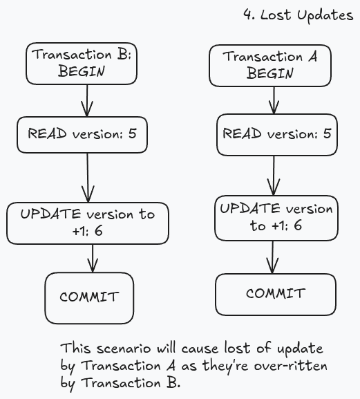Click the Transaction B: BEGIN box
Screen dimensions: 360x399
pyautogui.click(x=82, y=64)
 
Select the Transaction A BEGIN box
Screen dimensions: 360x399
pyautogui.click(x=270, y=66)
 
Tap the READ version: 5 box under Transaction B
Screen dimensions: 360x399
pyautogui.click(x=82, y=135)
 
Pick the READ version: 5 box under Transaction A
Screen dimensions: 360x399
pyautogui.click(x=277, y=135)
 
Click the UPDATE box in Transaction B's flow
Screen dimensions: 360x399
pyautogui.click(x=88, y=223)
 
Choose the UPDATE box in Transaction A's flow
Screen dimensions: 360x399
pyautogui.click(x=276, y=218)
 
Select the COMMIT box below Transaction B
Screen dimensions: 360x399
pyautogui.click(x=90, y=298)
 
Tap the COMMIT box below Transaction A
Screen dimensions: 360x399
pyautogui.click(x=276, y=295)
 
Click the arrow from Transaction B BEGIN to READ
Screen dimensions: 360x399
pyautogui.click(x=87, y=101)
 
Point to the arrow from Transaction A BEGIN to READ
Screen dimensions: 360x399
pyautogui.click(x=274, y=100)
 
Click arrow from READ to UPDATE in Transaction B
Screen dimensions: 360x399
pyautogui.click(x=88, y=178)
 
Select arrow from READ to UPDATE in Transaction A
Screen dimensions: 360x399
pyautogui.click(x=274, y=176)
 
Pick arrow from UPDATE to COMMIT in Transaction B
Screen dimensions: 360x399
pyautogui.click(x=93, y=259)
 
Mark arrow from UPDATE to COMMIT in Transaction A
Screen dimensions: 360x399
pyautogui.click(x=272, y=257)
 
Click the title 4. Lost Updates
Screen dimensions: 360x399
pyautogui.click(x=299, y=15)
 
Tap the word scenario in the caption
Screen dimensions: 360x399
pyautogui.click(x=124, y=349)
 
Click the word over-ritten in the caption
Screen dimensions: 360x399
pyautogui.click(x=290, y=366)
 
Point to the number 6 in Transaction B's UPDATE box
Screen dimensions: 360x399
pyautogui.click(x=99, y=231)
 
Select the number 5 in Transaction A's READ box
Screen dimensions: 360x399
pyautogui.click(x=328, y=133)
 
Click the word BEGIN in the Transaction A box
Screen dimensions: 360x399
pyautogui.click(x=270, y=73)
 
